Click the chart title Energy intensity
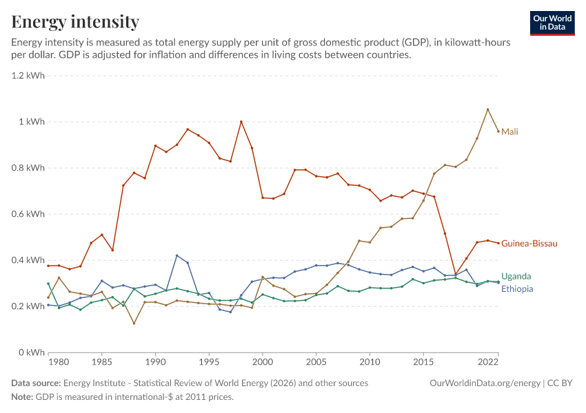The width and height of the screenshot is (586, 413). point(75,21)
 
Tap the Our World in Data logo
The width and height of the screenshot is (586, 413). point(552,23)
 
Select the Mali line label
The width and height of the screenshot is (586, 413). point(509,131)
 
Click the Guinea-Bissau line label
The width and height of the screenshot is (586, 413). point(529,244)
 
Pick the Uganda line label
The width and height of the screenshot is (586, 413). point(516,277)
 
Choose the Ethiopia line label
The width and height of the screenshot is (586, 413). point(517,289)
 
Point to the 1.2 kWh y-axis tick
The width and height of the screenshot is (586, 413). point(28,76)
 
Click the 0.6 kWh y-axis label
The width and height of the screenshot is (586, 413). point(28,214)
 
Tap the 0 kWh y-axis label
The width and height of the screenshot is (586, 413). point(32,352)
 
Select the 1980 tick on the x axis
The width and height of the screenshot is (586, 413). point(59,362)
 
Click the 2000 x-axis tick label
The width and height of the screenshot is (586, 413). point(263,362)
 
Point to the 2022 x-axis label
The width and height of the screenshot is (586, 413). point(488,362)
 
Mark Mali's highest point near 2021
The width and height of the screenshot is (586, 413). point(487,109)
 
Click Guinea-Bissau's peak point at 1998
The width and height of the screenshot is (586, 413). point(241,122)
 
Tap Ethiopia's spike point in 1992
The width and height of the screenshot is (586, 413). point(176,255)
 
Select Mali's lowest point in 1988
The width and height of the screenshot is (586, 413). point(134,323)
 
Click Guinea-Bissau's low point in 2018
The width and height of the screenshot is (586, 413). point(456,274)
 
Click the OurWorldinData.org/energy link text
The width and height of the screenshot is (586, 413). point(485,383)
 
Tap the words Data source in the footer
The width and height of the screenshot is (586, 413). point(36,383)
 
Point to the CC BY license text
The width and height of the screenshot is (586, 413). point(560,383)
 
